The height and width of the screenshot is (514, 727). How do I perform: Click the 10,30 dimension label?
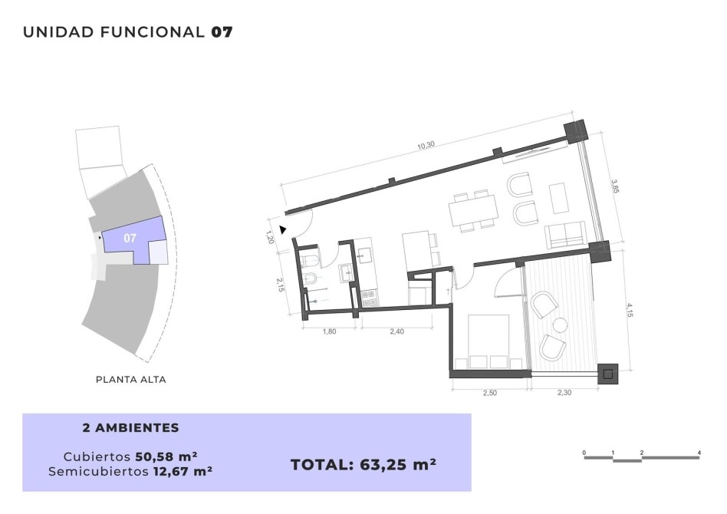tap(426, 145)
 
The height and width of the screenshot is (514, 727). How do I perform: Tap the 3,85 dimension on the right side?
tap(615, 186)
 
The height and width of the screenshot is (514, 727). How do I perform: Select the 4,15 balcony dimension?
tap(629, 310)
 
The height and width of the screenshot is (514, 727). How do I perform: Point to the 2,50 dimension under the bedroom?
tap(489, 393)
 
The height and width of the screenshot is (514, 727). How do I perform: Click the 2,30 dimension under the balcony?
tap(564, 393)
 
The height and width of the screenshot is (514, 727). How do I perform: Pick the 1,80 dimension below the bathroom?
tap(329, 331)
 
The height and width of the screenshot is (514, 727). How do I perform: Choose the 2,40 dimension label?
tap(396, 331)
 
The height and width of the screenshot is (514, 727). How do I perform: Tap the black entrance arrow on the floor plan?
tap(282, 229)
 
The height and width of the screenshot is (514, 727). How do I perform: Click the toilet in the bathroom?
tap(309, 261)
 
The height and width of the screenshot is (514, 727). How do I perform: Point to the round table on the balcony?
tap(560, 325)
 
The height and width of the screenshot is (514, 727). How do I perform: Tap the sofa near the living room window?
tap(565, 235)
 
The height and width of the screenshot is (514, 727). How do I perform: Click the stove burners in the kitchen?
tap(370, 298)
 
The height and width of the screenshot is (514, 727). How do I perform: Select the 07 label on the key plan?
tap(130, 238)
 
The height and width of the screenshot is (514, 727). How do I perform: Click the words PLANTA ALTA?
tap(130, 380)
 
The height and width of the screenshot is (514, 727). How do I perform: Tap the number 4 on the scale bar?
tap(699, 453)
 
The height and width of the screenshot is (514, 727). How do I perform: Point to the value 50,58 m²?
tap(166, 456)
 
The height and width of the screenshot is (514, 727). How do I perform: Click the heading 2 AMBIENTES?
tap(130, 428)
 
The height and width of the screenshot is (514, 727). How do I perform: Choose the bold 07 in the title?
tap(222, 32)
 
